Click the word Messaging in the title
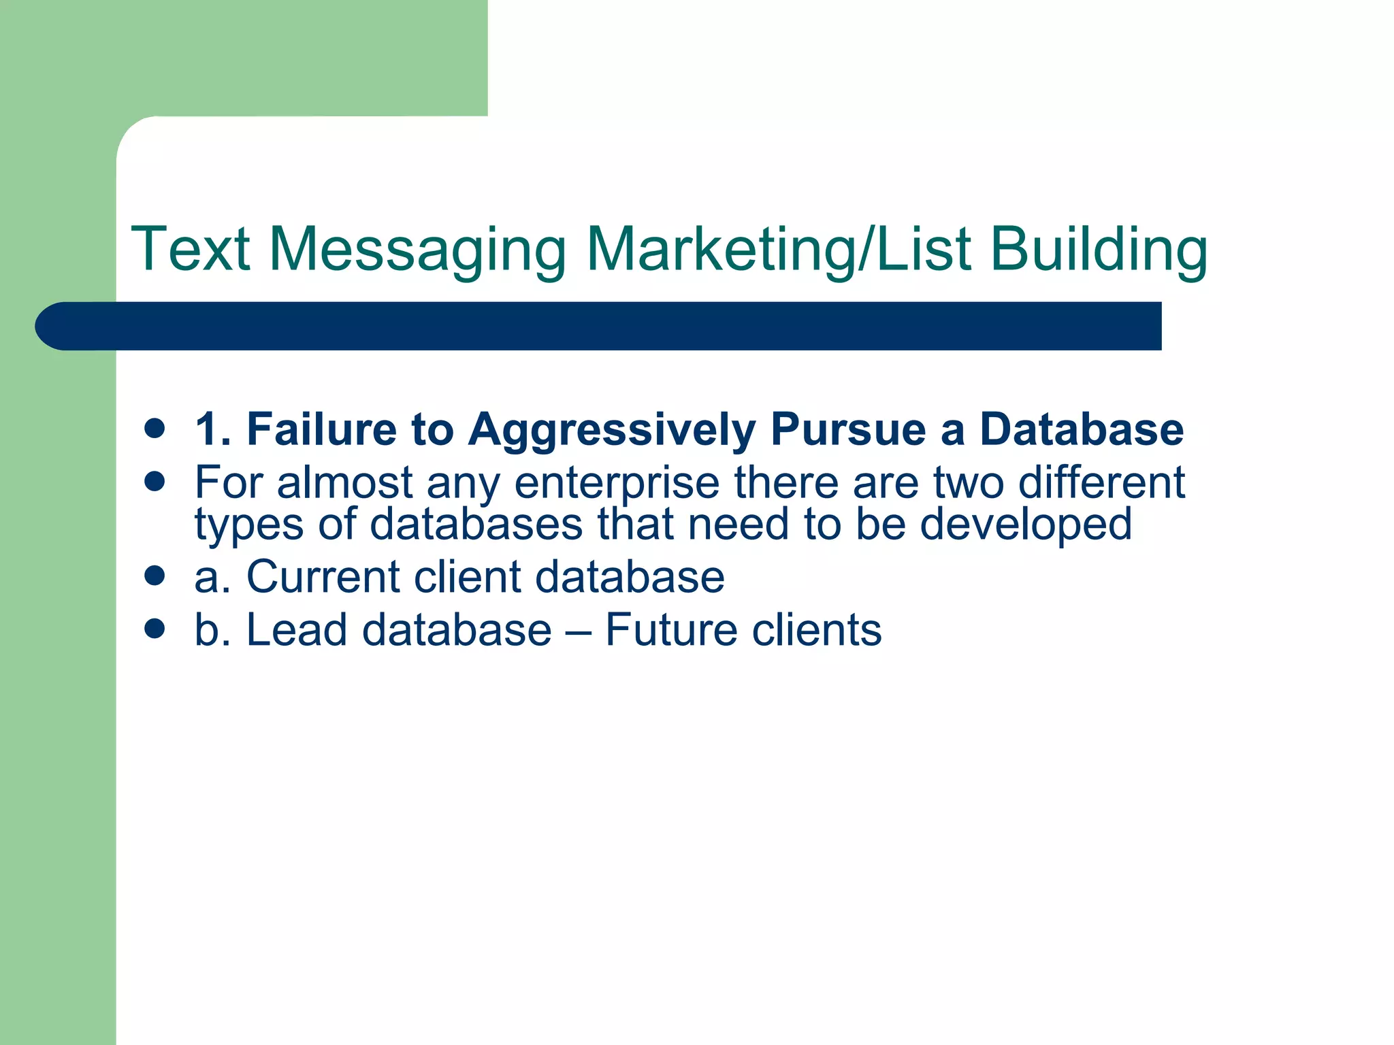click(x=417, y=250)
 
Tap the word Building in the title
click(x=1099, y=250)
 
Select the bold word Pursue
click(x=848, y=430)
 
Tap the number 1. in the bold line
click(x=214, y=430)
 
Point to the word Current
click(x=323, y=577)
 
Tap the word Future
click(x=671, y=630)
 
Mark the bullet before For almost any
click(x=155, y=482)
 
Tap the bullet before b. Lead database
click(x=155, y=629)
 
